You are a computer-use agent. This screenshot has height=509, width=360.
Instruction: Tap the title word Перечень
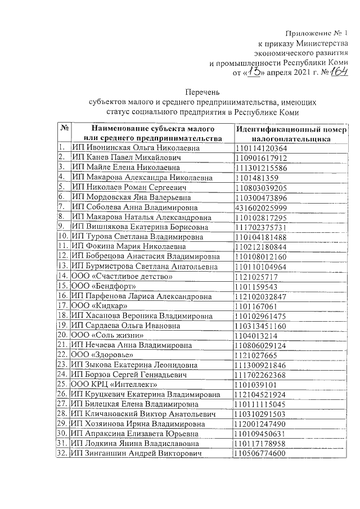[x=203, y=92]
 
